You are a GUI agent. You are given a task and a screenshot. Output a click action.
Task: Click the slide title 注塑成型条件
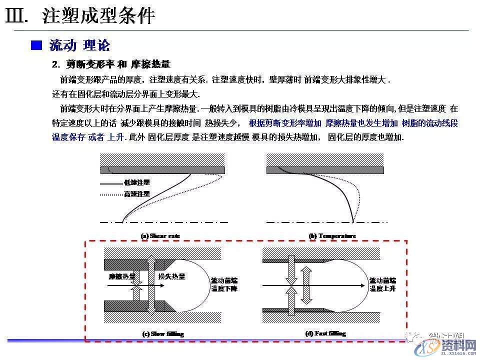[98, 16]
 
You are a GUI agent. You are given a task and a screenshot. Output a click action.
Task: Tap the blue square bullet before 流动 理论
[36, 45]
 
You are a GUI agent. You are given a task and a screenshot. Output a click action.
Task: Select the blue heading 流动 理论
[79, 45]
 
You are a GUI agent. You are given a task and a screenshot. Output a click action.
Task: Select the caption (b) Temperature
[332, 235]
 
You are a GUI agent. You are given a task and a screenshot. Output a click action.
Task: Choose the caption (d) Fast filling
[325, 333]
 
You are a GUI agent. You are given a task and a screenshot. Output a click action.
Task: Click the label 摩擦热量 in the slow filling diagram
[119, 276]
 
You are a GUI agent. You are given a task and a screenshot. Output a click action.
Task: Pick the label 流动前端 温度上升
[382, 284]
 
